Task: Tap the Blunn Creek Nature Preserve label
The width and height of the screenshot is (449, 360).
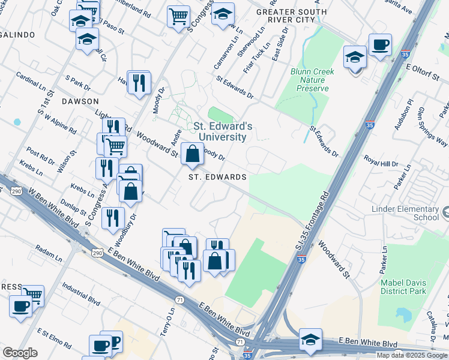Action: (x=313, y=80)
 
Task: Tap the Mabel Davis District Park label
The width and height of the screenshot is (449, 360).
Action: (x=403, y=286)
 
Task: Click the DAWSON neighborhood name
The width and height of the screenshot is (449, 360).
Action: (x=80, y=101)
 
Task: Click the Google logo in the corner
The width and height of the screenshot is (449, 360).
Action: (x=20, y=353)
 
